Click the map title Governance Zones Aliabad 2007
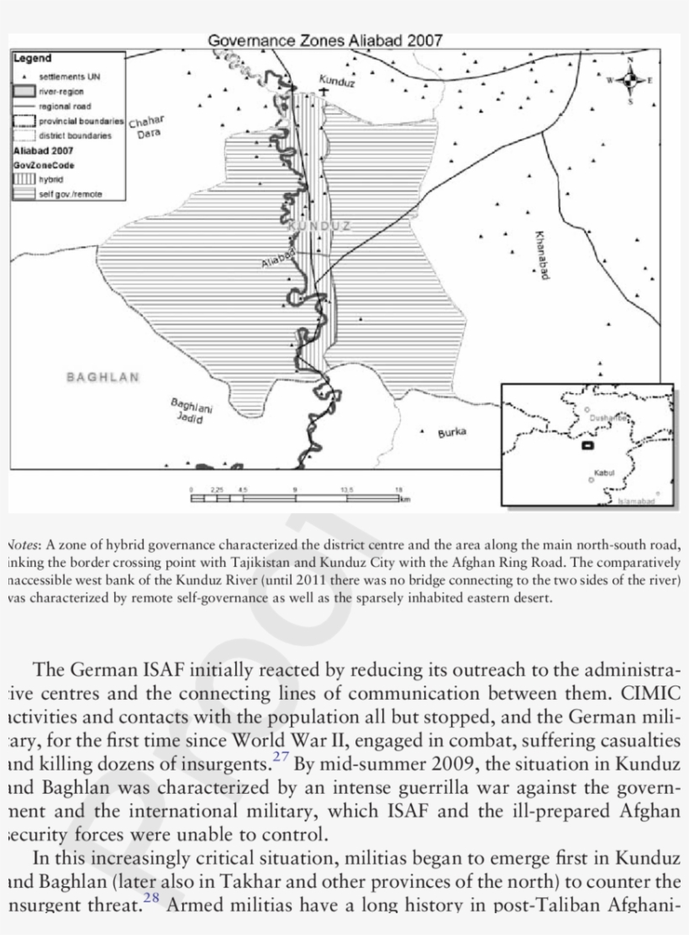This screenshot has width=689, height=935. (x=324, y=40)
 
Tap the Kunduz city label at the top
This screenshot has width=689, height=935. (x=337, y=81)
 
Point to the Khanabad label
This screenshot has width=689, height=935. (x=540, y=255)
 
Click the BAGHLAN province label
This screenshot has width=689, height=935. (x=103, y=377)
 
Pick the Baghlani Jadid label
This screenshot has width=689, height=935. (x=191, y=411)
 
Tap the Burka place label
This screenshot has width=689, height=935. (x=451, y=433)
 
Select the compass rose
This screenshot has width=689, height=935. (x=629, y=81)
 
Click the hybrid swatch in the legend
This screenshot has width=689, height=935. (x=24, y=179)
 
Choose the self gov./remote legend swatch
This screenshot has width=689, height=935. (x=24, y=193)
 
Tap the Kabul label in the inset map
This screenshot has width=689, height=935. (x=604, y=473)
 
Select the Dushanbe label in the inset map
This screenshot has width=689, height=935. (x=607, y=418)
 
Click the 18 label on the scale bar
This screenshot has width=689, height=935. (x=399, y=489)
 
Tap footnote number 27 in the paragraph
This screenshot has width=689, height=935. (x=281, y=757)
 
